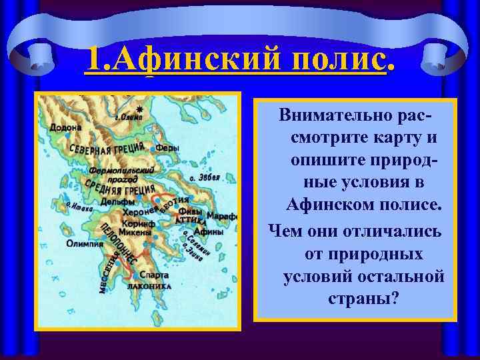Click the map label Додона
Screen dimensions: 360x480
pos(65,127)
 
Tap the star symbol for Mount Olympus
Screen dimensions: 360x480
pos(139,108)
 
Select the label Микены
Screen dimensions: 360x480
pos(137,235)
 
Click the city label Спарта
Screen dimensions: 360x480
pos(155,275)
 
